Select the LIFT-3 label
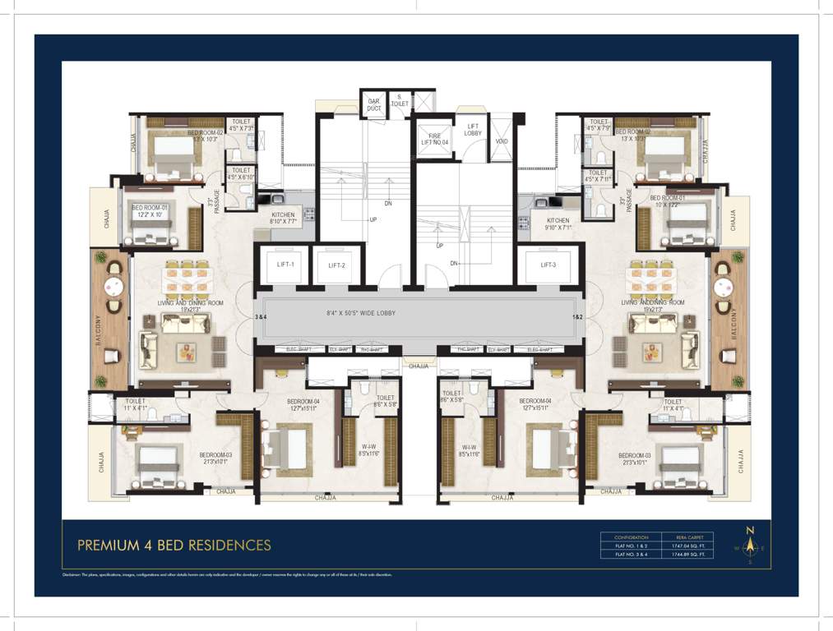pyautogui.click(x=549, y=265)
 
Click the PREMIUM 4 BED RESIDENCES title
pyautogui.click(x=174, y=545)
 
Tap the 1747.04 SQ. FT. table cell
pyautogui.click(x=691, y=546)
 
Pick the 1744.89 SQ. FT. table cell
pyautogui.click(x=691, y=555)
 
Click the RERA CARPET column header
pyautogui.click(x=691, y=537)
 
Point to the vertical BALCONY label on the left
pyautogui.click(x=99, y=320)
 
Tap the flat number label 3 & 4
pyautogui.click(x=261, y=316)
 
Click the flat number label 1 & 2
pyautogui.click(x=578, y=316)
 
